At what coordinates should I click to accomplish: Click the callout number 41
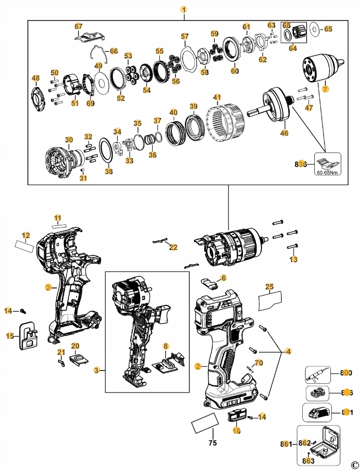click(x=217, y=97)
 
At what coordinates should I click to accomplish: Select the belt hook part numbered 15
click(x=28, y=335)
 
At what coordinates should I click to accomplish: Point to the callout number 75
click(x=213, y=443)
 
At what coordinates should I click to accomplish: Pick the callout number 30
click(x=69, y=140)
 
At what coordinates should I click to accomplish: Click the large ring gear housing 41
click(x=227, y=121)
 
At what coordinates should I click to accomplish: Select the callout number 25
click(x=269, y=286)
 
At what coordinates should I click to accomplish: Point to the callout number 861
click(x=286, y=444)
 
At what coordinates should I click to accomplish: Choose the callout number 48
click(x=36, y=79)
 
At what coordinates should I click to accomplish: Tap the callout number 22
click(x=173, y=247)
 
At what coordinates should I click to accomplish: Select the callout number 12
click(x=26, y=235)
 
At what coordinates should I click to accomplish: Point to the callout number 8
click(x=166, y=346)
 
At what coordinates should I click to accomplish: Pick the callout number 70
click(x=258, y=363)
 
